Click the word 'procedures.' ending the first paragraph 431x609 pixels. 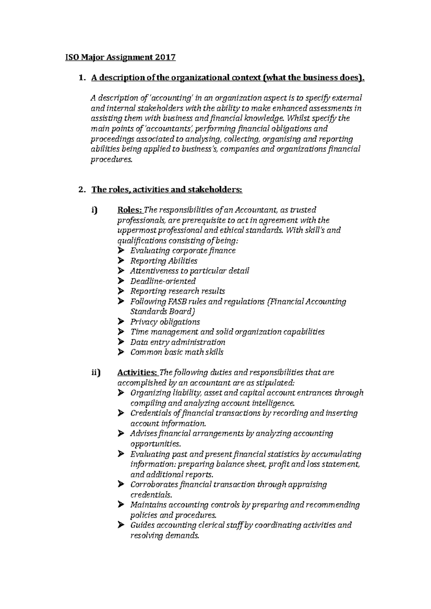click(111, 160)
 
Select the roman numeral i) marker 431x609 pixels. click(94, 210)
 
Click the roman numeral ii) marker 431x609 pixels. click(96, 373)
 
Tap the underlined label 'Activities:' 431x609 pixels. click(138, 373)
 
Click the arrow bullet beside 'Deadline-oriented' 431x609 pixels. click(121, 281)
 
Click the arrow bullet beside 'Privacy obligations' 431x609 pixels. click(121, 321)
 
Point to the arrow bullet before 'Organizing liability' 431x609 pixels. click(121, 393)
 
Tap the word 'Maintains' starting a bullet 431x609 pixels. click(148, 505)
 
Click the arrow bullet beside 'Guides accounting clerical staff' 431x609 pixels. click(121, 525)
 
